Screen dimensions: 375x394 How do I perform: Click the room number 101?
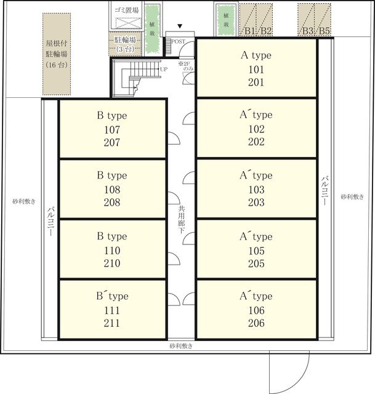(x=256, y=70)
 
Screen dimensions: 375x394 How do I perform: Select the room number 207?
(x=112, y=142)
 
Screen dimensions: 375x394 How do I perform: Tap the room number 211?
(x=112, y=323)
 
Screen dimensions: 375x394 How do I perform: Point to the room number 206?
(x=256, y=323)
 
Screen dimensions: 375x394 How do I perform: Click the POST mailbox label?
(x=178, y=41)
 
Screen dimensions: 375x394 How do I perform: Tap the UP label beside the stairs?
(x=164, y=69)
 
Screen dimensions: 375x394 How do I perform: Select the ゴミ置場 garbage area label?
(x=127, y=10)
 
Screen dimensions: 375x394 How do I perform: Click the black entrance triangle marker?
(x=180, y=26)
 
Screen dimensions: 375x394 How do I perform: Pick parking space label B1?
(x=250, y=31)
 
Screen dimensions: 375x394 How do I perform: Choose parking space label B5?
(x=325, y=31)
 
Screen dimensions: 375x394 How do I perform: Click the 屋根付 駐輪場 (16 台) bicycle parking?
(x=57, y=54)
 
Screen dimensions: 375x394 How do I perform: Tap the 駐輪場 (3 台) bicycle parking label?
(x=125, y=44)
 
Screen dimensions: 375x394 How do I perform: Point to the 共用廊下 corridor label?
(x=181, y=219)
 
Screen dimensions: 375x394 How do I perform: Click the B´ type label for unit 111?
(x=112, y=295)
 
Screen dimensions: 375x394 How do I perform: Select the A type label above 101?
(x=256, y=55)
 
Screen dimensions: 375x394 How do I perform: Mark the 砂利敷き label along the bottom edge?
(x=181, y=346)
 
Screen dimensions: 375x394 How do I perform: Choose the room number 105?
(x=256, y=251)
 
